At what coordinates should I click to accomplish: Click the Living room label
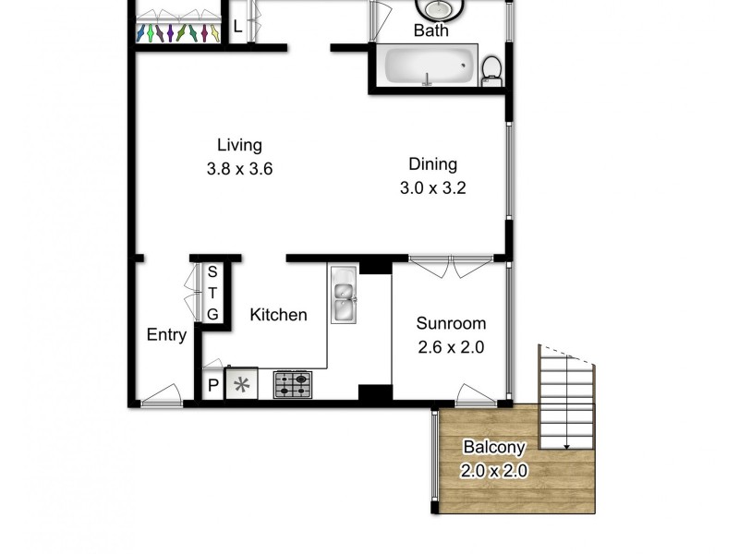[x=239, y=145]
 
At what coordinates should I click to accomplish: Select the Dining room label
[x=432, y=165]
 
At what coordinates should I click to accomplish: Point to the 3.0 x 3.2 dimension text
[x=432, y=189]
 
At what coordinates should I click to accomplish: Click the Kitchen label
[x=278, y=315]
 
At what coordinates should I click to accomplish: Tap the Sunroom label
[x=450, y=324]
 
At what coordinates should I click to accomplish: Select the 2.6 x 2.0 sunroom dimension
[x=450, y=348]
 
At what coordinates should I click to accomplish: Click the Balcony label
[x=494, y=448]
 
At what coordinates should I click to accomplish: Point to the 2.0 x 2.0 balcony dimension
[x=494, y=470]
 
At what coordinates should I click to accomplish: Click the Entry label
[x=166, y=335]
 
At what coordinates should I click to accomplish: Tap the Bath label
[x=430, y=30]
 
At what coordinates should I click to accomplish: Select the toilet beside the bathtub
[x=492, y=70]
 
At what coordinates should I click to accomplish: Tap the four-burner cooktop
[x=292, y=384]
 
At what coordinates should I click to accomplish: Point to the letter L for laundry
[x=237, y=27]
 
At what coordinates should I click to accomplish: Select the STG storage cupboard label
[x=212, y=293]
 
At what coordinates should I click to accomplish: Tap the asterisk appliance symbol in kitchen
[x=242, y=385]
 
